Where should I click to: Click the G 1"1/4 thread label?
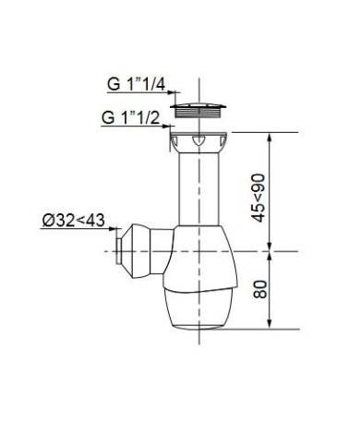pos(137,84)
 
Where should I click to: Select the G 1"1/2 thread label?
pos(131,117)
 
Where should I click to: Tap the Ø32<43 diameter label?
pos(73,221)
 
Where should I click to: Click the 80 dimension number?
pos(259,289)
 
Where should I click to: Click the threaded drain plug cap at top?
pos(198,111)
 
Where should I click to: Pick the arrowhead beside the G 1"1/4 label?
pos(172,91)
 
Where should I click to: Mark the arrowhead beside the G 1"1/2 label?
pos(166,126)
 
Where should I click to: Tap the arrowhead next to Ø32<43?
pos(114,229)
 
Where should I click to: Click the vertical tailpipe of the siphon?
pos(198,189)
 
